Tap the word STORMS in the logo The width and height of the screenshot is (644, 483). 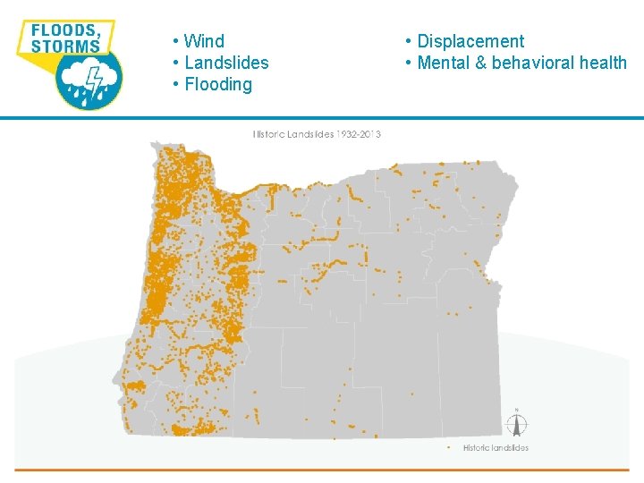pyautogui.click(x=65, y=46)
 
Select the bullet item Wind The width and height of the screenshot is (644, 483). pyautogui.click(x=203, y=41)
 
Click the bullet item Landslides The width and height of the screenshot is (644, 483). pyautogui.click(x=225, y=63)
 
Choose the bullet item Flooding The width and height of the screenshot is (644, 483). pyautogui.click(x=217, y=84)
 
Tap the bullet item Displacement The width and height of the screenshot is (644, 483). pyautogui.click(x=470, y=41)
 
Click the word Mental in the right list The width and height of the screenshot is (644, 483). pyautogui.click(x=445, y=63)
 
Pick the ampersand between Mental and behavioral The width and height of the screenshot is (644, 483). pyautogui.click(x=482, y=63)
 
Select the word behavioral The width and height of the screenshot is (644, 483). pyautogui.click(x=534, y=63)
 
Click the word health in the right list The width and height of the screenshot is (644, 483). pyautogui.click(x=604, y=63)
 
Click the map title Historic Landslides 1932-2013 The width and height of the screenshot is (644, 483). pyautogui.click(x=317, y=134)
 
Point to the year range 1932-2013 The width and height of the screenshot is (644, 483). pyautogui.click(x=359, y=134)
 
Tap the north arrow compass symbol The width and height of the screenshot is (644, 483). pyautogui.click(x=516, y=424)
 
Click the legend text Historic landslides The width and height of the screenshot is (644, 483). pyautogui.click(x=496, y=447)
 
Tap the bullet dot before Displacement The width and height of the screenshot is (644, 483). pyautogui.click(x=408, y=41)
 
